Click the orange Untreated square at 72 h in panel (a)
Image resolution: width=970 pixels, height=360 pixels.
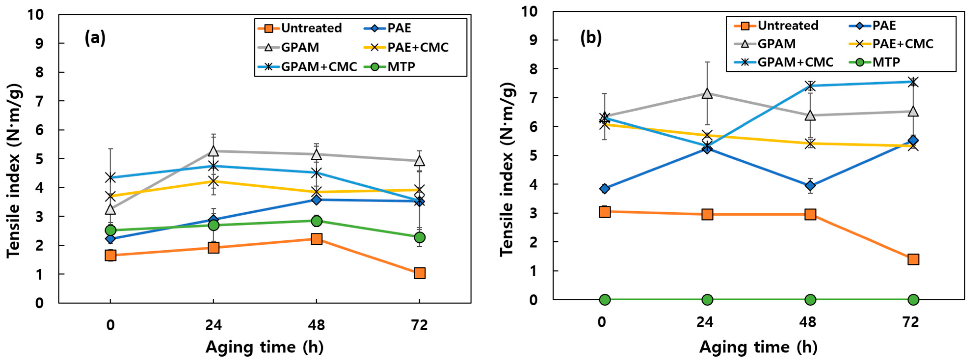click(x=419, y=273)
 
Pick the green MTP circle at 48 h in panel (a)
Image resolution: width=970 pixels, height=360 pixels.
click(x=316, y=221)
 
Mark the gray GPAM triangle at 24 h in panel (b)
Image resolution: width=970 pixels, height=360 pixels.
click(x=707, y=93)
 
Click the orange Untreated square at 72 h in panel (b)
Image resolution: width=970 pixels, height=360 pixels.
click(x=913, y=259)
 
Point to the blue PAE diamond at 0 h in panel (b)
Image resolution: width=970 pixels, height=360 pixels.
click(x=605, y=189)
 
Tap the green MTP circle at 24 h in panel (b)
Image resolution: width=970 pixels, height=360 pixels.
click(x=707, y=300)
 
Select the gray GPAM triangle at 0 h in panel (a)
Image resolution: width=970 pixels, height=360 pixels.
click(x=110, y=209)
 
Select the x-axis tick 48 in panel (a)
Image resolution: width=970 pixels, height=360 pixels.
click(x=316, y=325)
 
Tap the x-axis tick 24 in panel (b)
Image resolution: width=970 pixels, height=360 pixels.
click(x=705, y=322)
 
